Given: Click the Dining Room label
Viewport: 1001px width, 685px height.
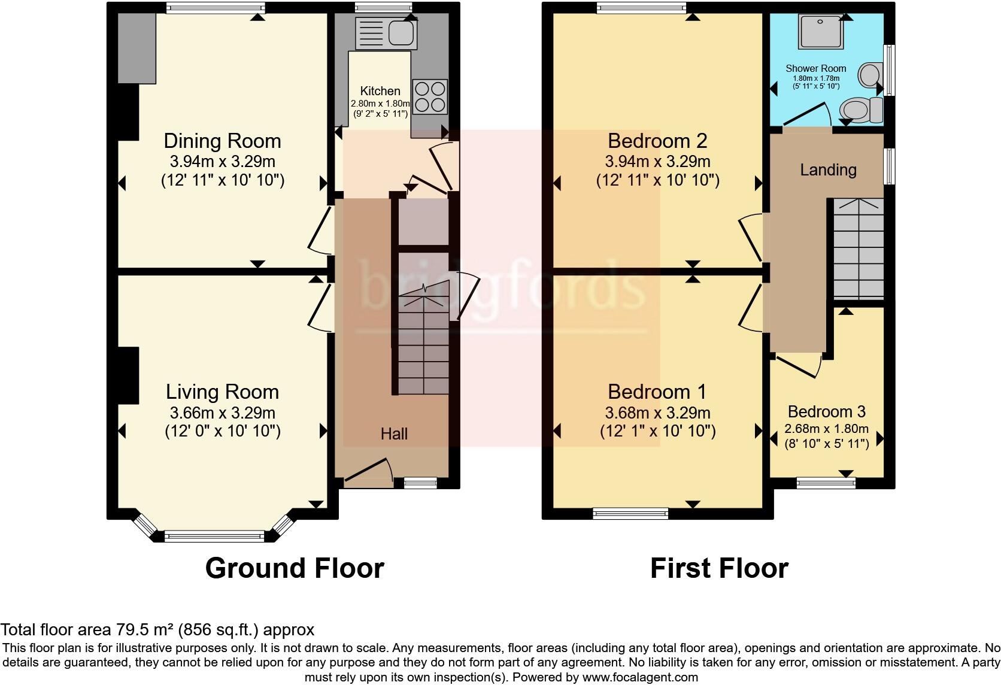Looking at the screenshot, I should [x=222, y=141].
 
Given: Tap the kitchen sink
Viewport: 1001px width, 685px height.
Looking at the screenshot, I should [x=386, y=33].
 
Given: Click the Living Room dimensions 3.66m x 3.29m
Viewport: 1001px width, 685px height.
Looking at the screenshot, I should [x=222, y=413].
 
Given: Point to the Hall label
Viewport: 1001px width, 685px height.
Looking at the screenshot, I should [x=394, y=434].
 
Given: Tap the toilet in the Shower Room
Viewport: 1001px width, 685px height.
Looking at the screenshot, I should [x=860, y=111].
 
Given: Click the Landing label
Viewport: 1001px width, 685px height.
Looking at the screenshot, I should [x=828, y=170].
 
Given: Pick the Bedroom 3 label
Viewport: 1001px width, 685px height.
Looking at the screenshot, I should [x=826, y=412].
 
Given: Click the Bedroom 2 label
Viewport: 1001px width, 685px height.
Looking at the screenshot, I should [x=657, y=141].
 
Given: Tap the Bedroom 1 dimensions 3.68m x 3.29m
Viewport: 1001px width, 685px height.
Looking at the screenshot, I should [x=657, y=413].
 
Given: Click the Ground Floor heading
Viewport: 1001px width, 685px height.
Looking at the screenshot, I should [x=294, y=568].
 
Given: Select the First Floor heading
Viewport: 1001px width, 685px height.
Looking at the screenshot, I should [x=719, y=568].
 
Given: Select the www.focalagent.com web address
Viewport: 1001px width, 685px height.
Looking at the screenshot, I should [x=639, y=678].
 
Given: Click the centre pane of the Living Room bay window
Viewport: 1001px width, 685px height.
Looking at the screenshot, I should [x=214, y=537].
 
